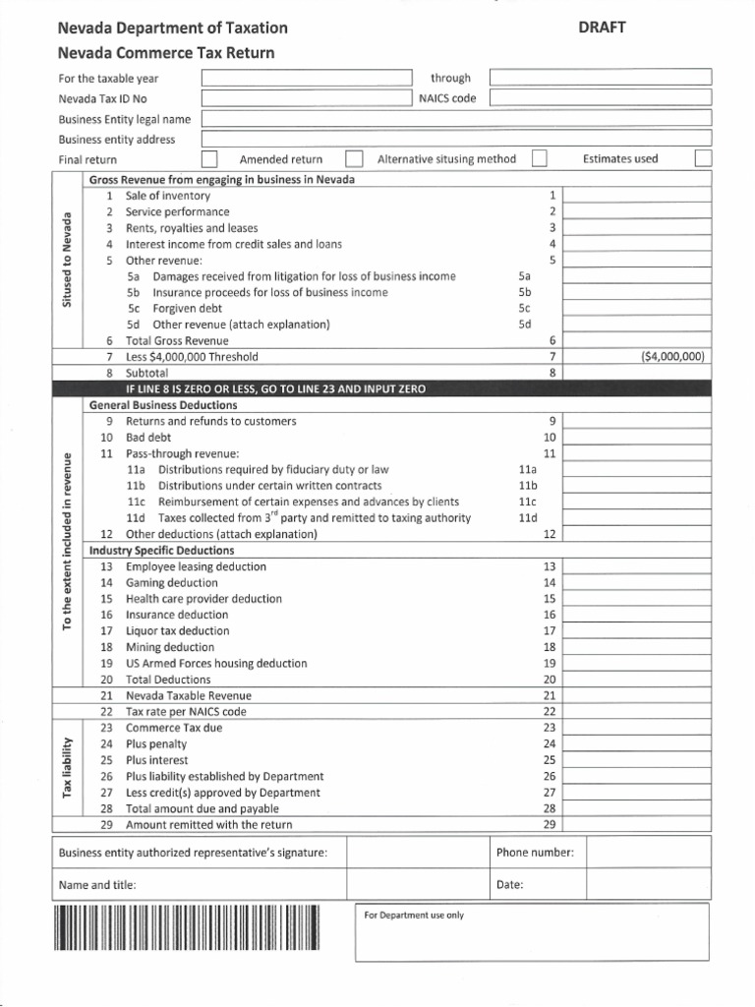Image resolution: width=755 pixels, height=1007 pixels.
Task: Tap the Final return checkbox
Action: point(209,159)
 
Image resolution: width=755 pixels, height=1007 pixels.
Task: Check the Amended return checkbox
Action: point(355,159)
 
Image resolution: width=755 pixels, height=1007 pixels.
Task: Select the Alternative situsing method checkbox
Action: point(539,159)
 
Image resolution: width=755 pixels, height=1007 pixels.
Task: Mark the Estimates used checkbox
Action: point(702,159)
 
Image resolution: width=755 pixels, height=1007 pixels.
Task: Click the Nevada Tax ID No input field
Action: point(307,98)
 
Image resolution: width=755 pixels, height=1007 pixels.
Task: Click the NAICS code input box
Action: point(600,98)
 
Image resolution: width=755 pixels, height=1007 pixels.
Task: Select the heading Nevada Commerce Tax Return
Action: point(166,53)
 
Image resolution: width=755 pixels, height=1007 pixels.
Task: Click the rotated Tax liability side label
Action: point(68,775)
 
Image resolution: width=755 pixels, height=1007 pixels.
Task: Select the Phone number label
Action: point(536,854)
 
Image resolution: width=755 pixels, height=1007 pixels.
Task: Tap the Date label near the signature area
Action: point(509,885)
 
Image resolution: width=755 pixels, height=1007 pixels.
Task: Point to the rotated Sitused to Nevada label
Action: point(68,260)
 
